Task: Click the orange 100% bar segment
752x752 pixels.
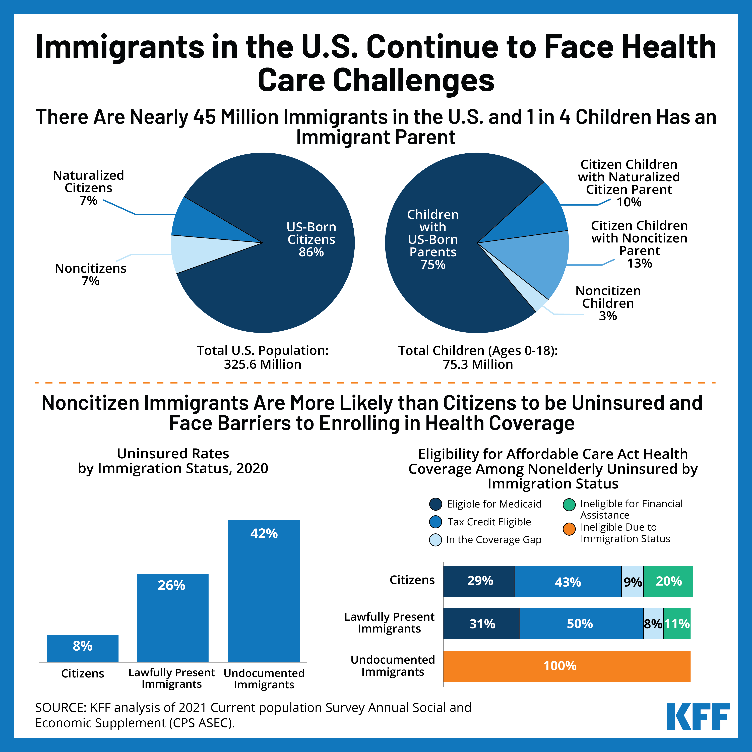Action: [567, 666]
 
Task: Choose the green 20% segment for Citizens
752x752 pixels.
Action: [668, 581]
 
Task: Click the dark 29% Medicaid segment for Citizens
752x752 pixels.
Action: [479, 581]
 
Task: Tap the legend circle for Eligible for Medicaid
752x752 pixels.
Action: [435, 504]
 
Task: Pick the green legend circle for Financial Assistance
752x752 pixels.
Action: [569, 505]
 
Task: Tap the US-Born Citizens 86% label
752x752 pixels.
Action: [311, 239]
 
